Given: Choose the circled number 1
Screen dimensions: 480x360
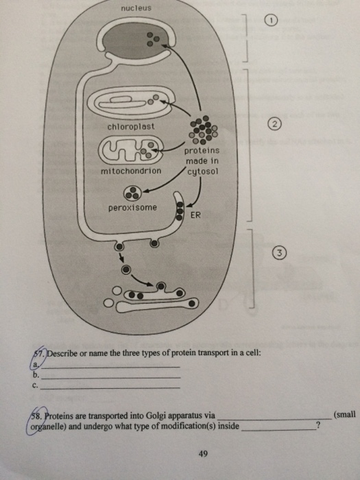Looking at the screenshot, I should click(x=273, y=22).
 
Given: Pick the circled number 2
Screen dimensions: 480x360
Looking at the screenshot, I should click(x=274, y=124).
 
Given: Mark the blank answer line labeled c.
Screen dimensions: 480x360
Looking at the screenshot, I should click(x=110, y=387).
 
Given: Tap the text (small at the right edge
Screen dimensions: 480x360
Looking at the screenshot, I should click(x=343, y=415).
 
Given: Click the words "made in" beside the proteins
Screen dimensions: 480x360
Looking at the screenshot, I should click(x=201, y=160).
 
